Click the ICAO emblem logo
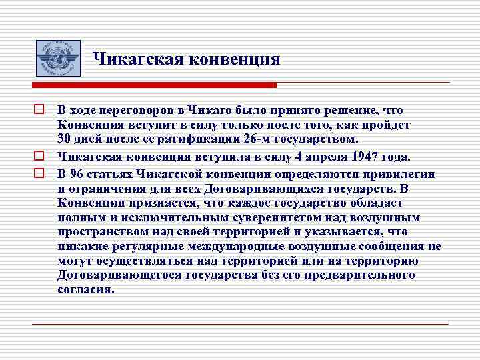coord(57,57)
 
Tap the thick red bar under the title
coord(154,85)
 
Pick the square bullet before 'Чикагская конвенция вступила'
coord(40,157)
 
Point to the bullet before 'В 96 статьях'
coord(40,173)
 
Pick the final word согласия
coord(85,290)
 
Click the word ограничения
coord(109,189)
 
